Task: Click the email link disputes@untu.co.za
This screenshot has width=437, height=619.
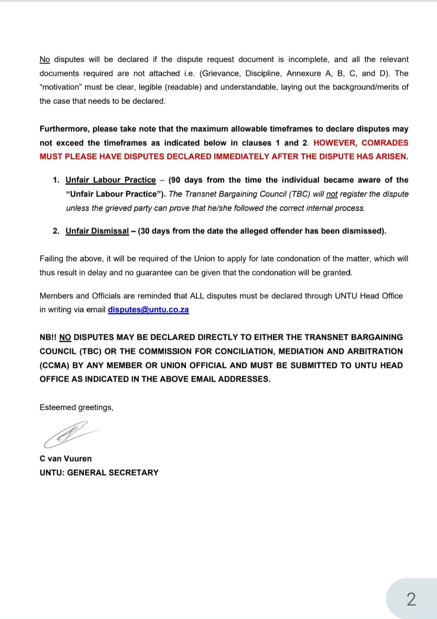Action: coord(148,310)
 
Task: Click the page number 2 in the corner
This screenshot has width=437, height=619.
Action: coord(411,599)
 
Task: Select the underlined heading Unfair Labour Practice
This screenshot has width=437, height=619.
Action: coord(110,180)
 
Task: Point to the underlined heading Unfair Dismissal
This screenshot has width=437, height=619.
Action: coord(97,231)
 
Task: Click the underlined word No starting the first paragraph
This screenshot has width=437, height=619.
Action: coord(45,60)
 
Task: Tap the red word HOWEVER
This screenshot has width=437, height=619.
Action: coord(335,143)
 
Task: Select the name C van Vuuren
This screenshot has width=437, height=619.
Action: coord(66,459)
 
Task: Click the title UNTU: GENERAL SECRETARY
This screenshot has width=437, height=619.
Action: coord(99,473)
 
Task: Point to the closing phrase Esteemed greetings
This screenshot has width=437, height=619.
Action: coord(76,407)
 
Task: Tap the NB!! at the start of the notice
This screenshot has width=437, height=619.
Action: coord(48,337)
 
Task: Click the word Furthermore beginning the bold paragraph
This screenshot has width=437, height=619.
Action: coord(65,129)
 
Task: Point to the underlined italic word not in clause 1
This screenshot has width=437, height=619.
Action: coord(332,194)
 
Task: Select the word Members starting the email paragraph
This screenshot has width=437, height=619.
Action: coord(56,296)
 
